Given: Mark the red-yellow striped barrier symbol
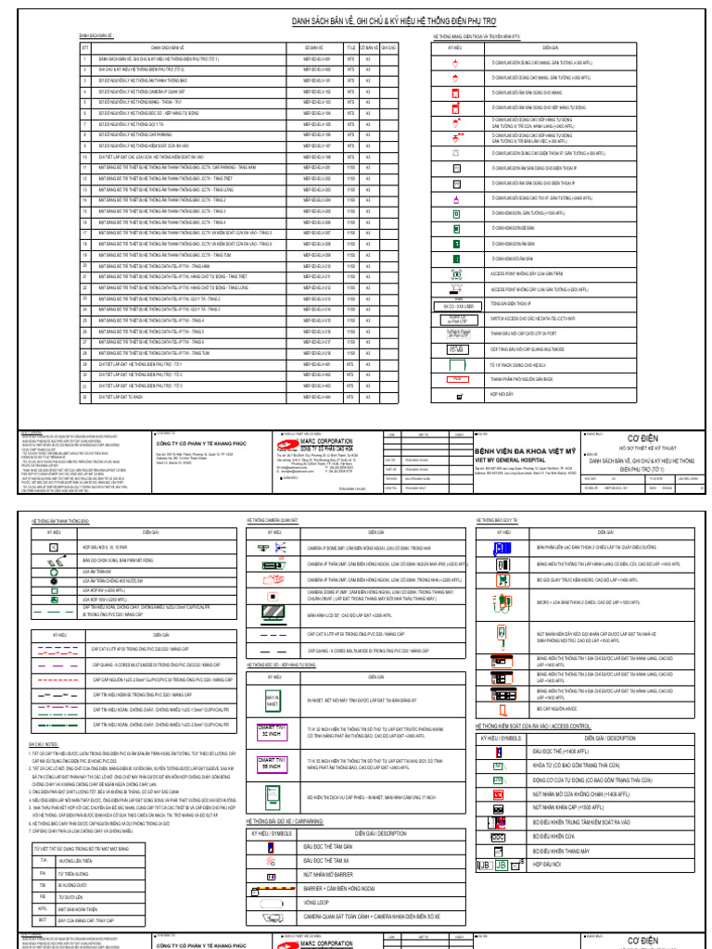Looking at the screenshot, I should point(270,887).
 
